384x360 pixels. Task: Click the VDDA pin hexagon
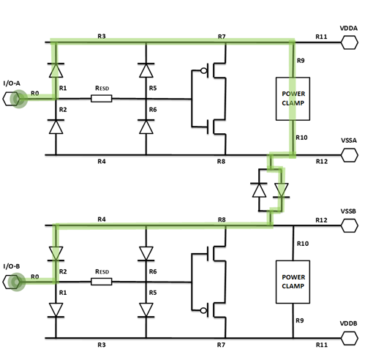click(350, 42)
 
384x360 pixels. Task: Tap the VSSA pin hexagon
click(350, 155)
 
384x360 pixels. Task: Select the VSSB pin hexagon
click(350, 225)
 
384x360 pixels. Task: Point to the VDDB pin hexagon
click(350, 338)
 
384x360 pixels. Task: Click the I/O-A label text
click(12, 83)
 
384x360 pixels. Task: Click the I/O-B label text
click(12, 266)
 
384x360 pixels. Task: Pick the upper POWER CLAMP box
click(293, 99)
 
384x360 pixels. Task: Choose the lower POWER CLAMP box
click(293, 282)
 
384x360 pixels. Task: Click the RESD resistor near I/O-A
click(102, 99)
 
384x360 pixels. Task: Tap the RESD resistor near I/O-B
click(102, 282)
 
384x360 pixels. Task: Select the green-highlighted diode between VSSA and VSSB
click(282, 190)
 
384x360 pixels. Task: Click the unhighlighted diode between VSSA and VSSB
click(259, 190)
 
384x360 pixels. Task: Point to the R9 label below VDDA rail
click(301, 61)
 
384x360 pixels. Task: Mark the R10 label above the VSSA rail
click(301, 138)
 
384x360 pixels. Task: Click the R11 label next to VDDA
click(321, 37)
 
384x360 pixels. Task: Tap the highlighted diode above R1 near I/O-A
click(56, 70)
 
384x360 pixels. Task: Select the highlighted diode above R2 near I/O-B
click(56, 253)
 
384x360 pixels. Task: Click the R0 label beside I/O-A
click(35, 94)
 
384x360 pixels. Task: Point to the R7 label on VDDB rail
click(221, 345)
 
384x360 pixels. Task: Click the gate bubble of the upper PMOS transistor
click(203, 71)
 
